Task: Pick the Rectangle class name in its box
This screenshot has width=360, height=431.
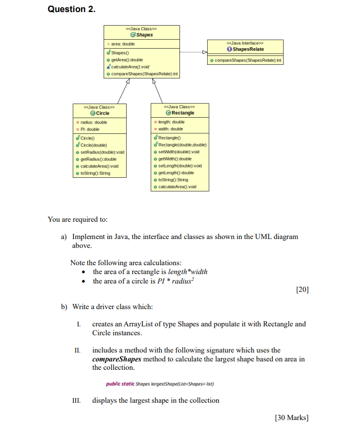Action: [x=182, y=112]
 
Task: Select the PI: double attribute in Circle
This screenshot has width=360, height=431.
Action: [x=90, y=129]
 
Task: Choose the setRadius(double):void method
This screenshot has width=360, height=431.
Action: [x=103, y=152]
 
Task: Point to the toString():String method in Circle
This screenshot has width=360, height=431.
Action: [x=96, y=173]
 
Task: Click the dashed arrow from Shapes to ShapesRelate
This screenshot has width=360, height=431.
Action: [x=194, y=52]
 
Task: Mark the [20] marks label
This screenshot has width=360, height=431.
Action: [x=302, y=290]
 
